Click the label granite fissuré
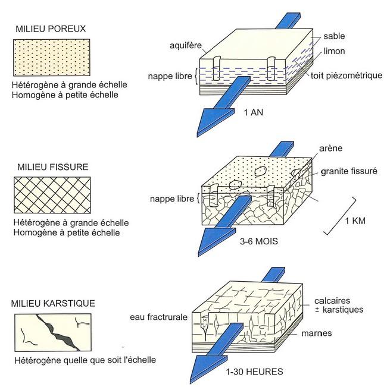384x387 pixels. pos(348,171)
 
